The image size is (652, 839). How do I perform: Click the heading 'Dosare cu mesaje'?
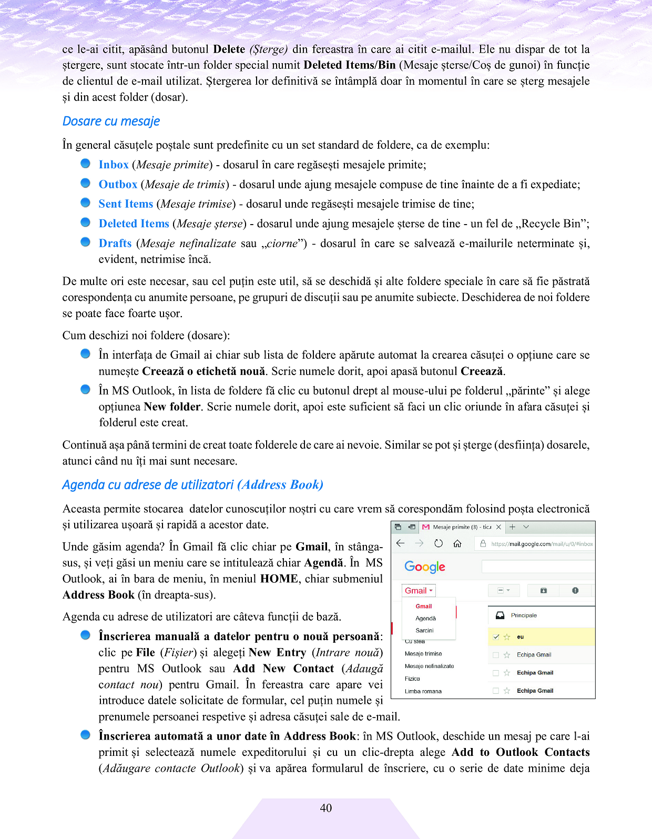click(x=111, y=122)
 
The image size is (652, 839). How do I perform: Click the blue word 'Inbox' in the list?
click(x=114, y=165)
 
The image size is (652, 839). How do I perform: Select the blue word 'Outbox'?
click(x=118, y=185)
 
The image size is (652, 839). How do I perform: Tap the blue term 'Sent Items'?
click(x=126, y=204)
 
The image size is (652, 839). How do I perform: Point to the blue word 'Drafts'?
click(x=115, y=244)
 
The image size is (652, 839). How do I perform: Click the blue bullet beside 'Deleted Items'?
click(x=85, y=223)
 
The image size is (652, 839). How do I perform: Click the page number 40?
click(x=326, y=808)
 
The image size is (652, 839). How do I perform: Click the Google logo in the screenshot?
click(x=425, y=567)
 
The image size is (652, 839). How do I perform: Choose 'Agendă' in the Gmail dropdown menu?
click(x=425, y=619)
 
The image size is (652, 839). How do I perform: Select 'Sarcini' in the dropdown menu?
click(x=424, y=630)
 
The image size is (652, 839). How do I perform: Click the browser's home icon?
click(x=457, y=543)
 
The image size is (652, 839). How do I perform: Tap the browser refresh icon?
click(x=439, y=543)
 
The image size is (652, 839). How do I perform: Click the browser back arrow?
click(x=401, y=543)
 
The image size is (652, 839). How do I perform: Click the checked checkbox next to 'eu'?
click(x=496, y=637)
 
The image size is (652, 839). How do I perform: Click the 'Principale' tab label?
click(x=524, y=615)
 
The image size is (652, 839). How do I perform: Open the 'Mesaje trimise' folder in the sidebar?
click(x=423, y=654)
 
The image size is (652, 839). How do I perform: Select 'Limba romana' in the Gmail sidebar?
click(x=423, y=691)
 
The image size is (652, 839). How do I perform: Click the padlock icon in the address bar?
click(x=483, y=543)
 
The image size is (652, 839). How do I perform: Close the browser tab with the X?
click(x=498, y=527)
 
